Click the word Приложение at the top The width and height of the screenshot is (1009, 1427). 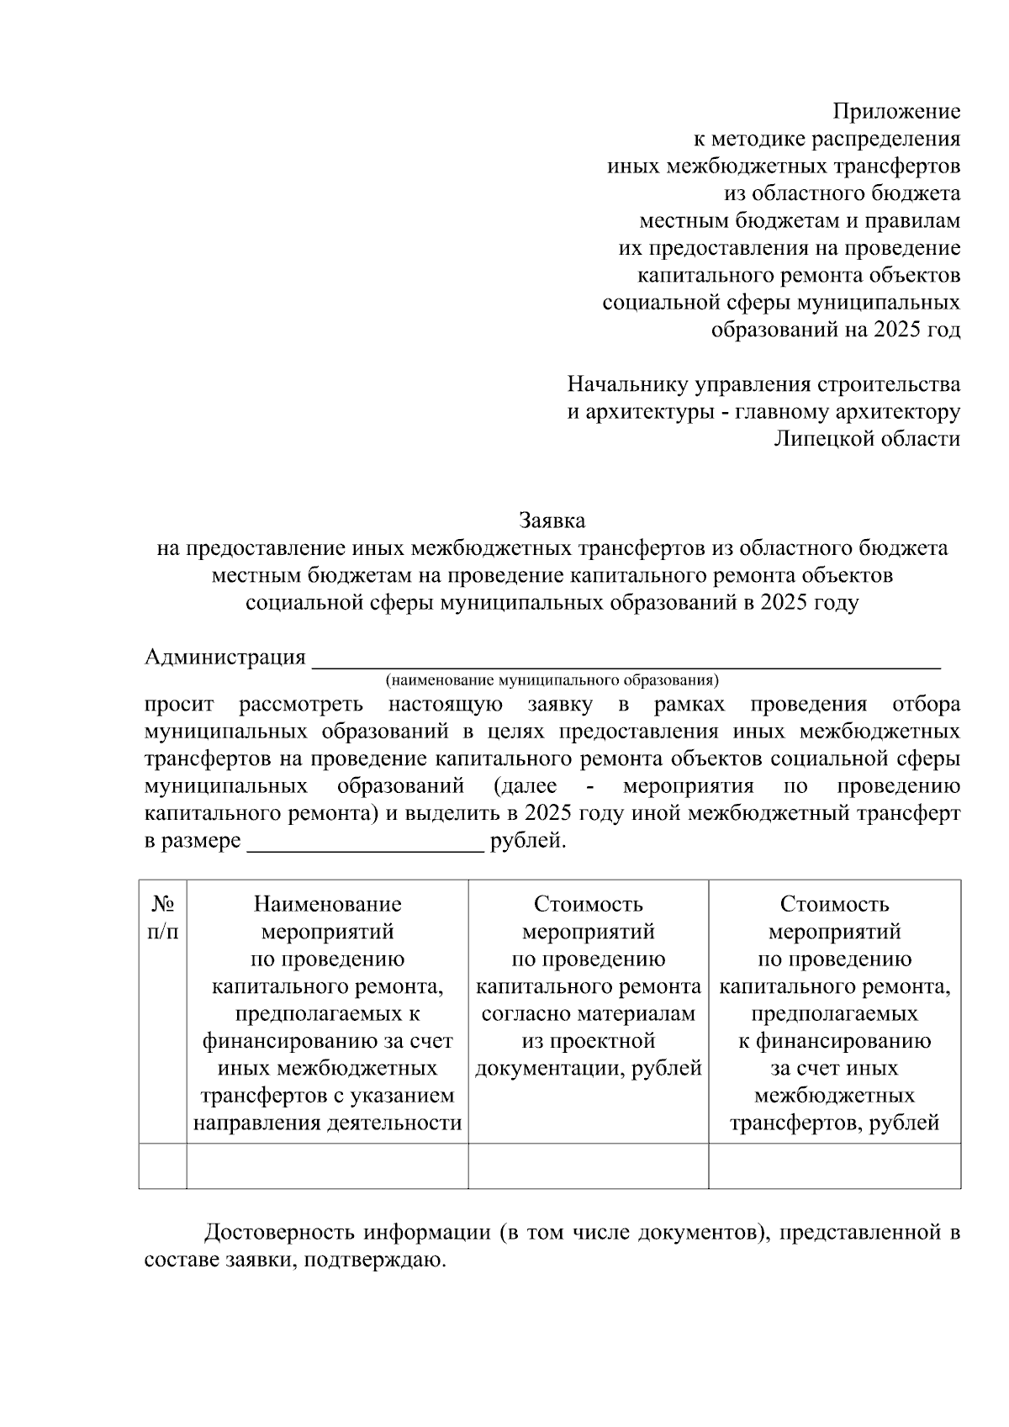click(896, 112)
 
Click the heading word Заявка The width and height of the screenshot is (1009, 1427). click(552, 521)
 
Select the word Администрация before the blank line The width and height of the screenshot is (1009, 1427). click(225, 657)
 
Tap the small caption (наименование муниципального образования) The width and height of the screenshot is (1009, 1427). click(552, 679)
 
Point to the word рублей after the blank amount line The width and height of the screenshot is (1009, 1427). click(527, 840)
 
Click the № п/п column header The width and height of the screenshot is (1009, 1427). click(162, 917)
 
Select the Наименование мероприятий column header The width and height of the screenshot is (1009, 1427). click(327, 1012)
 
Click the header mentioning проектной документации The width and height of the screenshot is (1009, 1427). click(588, 986)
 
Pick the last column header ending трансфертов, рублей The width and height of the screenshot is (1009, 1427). click(834, 1012)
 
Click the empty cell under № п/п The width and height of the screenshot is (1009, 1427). click(162, 1165)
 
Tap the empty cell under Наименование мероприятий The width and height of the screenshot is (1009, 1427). click(327, 1165)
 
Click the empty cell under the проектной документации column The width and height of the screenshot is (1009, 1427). click(588, 1165)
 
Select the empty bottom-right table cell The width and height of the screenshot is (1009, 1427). click(834, 1165)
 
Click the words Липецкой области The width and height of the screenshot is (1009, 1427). click(867, 439)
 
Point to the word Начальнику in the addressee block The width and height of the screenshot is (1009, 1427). click(626, 384)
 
